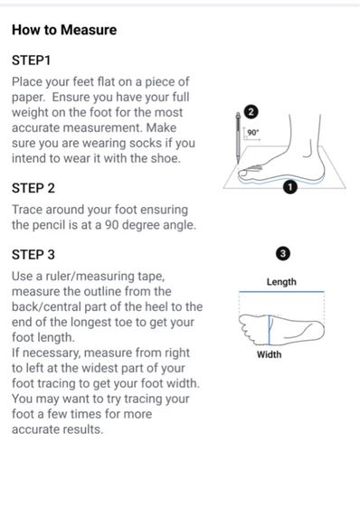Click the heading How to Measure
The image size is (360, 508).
pyautogui.click(x=64, y=30)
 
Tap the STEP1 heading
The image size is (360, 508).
pyautogui.click(x=31, y=61)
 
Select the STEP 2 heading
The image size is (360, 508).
pyautogui.click(x=33, y=188)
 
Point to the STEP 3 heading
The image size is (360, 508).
pyautogui.click(x=33, y=255)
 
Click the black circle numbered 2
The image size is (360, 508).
pyautogui.click(x=251, y=112)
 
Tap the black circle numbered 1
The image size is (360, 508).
pyautogui.click(x=290, y=187)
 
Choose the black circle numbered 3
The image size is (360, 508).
pyautogui.click(x=283, y=254)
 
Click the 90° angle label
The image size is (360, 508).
pyautogui.click(x=253, y=133)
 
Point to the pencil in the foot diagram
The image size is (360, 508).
pyautogui.click(x=238, y=137)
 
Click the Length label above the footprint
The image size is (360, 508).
pyautogui.click(x=281, y=282)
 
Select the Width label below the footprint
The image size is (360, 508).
pyautogui.click(x=270, y=354)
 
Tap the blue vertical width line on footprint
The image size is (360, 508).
pyautogui.click(x=269, y=330)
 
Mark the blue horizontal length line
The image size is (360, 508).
pyautogui.click(x=281, y=292)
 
